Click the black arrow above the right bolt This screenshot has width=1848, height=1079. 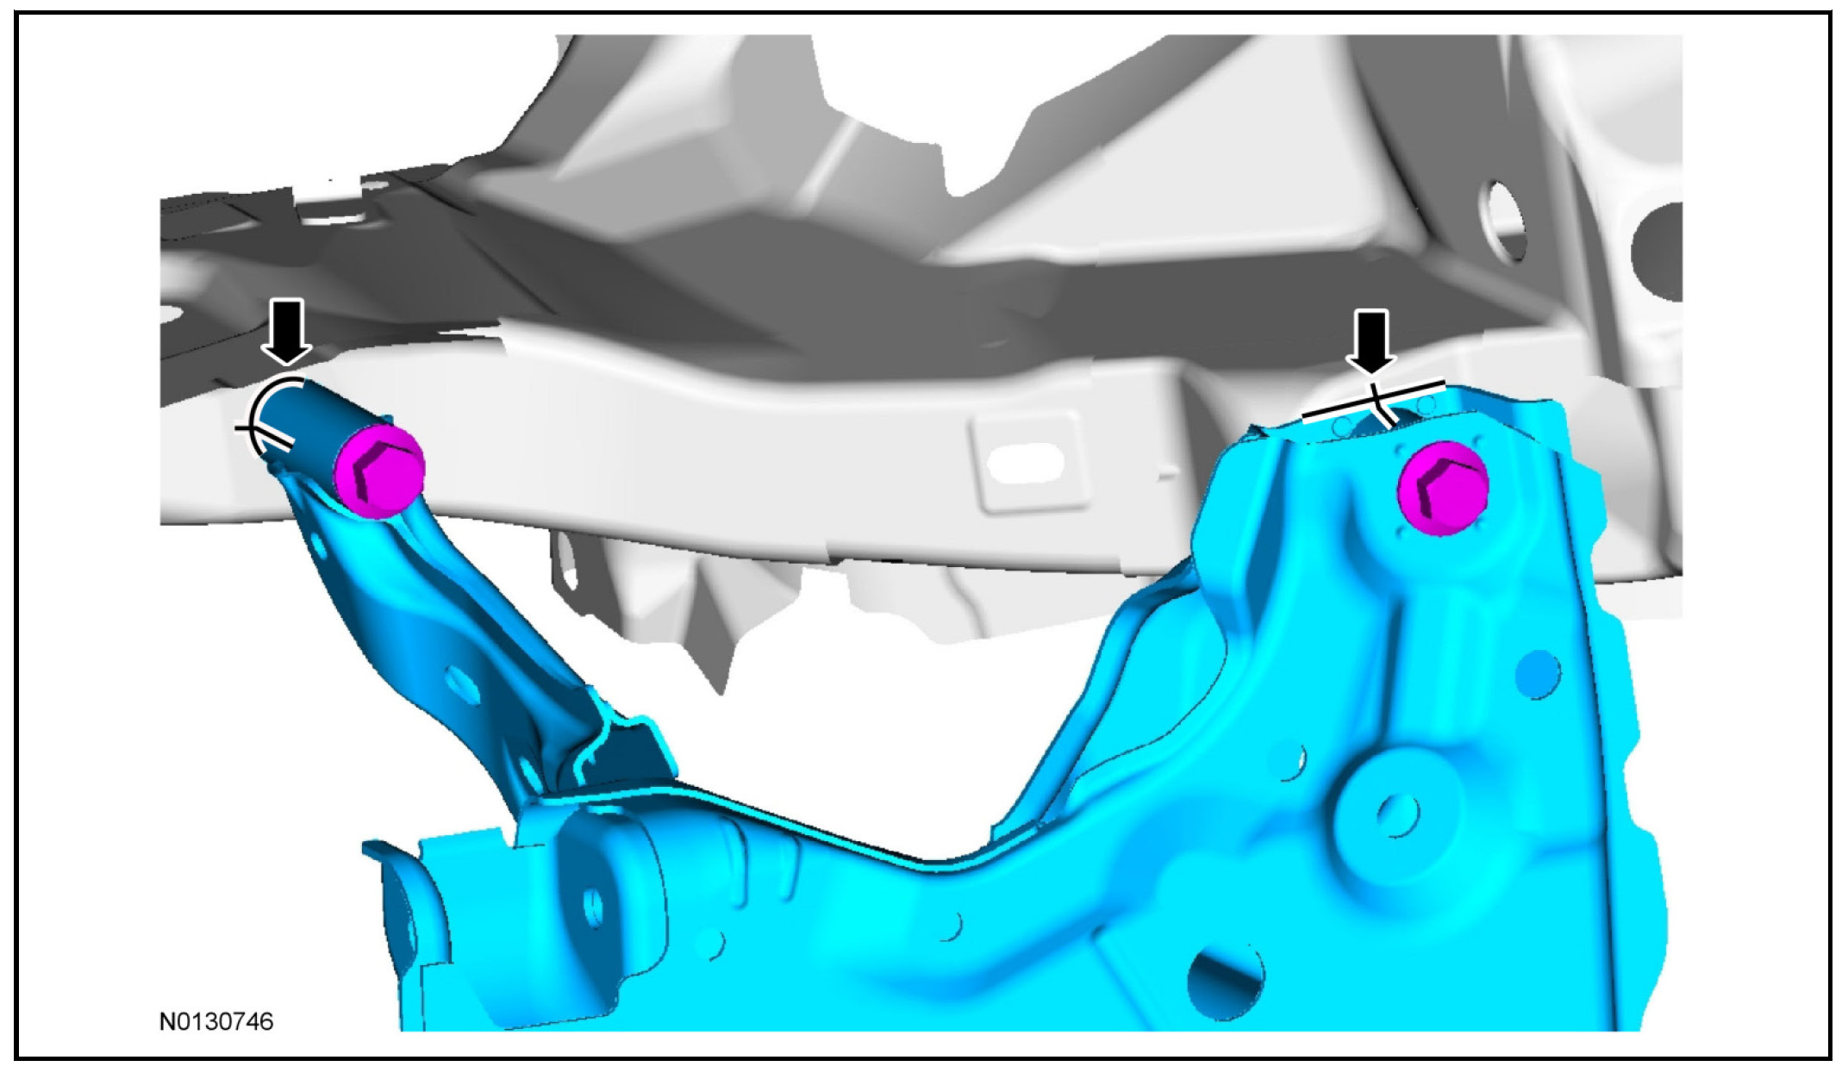(1373, 342)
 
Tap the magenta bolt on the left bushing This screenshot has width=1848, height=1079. (379, 471)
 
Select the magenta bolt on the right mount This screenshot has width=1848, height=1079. (1443, 488)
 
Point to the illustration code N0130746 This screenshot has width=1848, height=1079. (216, 1022)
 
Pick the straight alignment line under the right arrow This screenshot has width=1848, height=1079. (1373, 401)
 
